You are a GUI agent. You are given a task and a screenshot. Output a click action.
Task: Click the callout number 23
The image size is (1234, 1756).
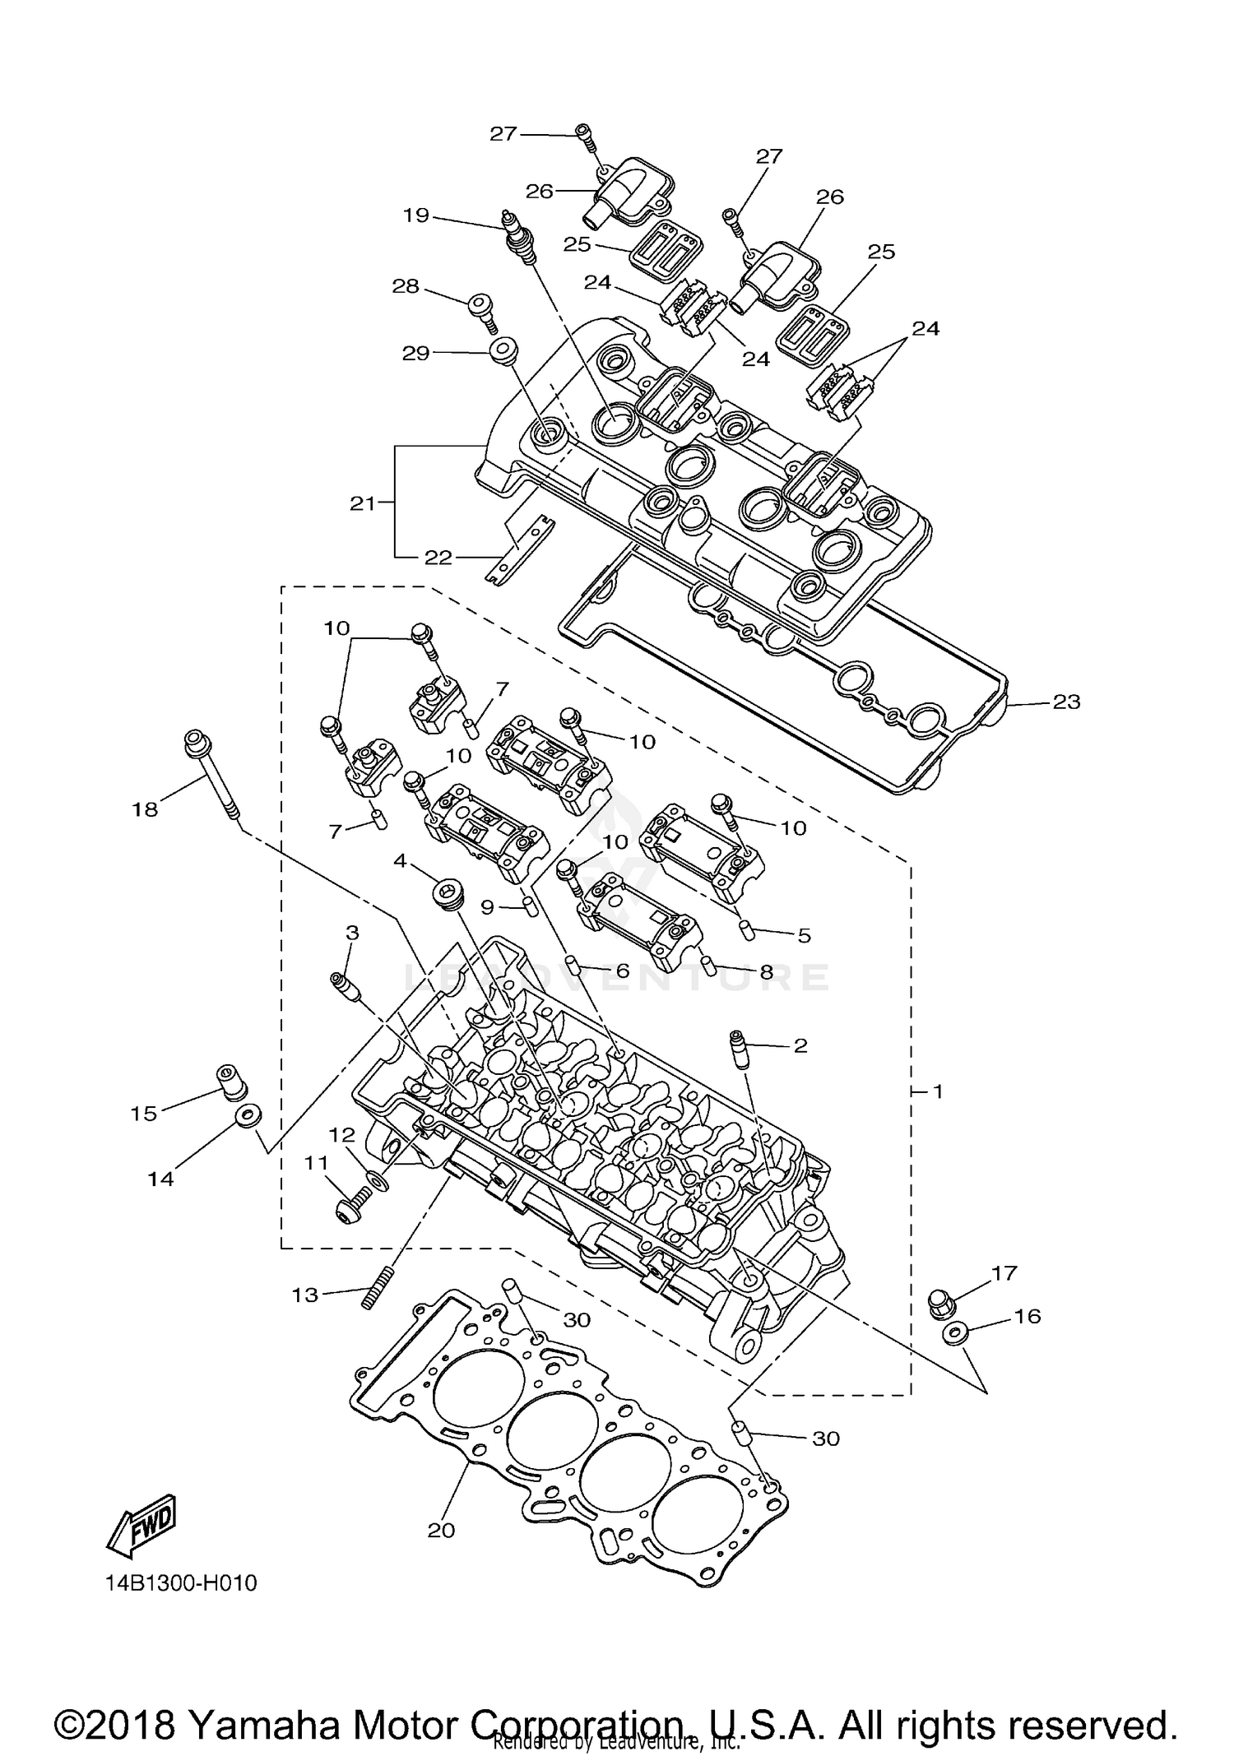[1066, 702]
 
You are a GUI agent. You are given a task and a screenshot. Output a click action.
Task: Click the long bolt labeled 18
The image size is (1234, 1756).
[212, 772]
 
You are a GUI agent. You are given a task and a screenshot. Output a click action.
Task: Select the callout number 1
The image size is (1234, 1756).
[937, 1091]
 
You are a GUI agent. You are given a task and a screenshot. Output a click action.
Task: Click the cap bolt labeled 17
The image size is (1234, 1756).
[939, 1303]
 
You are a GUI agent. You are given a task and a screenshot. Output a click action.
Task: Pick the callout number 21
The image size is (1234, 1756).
[363, 503]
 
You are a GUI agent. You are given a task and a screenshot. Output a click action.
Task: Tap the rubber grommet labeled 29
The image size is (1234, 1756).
[503, 350]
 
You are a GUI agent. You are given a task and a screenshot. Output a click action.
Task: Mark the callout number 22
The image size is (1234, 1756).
[438, 558]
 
